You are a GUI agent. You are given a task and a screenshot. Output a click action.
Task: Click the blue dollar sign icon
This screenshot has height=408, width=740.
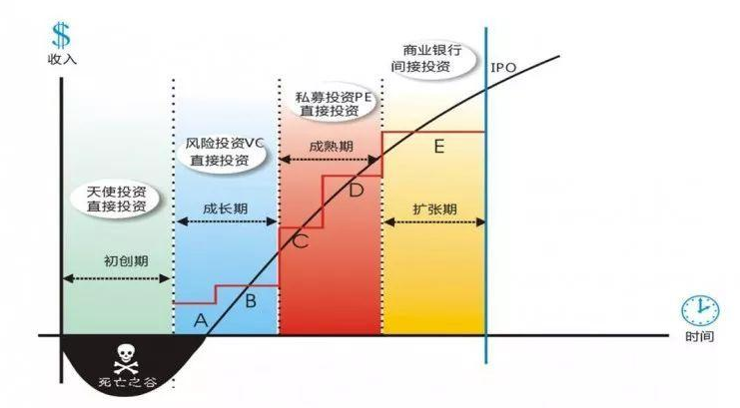(x=61, y=35)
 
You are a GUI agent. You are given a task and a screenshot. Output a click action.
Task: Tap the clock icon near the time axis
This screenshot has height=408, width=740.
(x=700, y=310)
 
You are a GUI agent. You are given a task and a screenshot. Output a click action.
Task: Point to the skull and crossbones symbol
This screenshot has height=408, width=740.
(x=126, y=359)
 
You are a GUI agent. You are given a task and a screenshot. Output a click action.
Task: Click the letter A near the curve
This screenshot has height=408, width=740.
(x=201, y=321)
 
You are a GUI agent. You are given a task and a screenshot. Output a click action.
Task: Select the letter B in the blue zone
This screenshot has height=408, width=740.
(x=251, y=300)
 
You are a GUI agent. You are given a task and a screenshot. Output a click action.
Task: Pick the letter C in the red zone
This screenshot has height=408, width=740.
(x=301, y=241)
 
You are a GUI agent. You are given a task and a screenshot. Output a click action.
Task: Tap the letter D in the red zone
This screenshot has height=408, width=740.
(x=357, y=190)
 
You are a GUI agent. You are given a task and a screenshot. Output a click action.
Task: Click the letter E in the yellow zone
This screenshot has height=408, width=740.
(x=438, y=147)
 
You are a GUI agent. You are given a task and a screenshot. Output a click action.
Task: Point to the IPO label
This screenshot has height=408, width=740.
(x=503, y=68)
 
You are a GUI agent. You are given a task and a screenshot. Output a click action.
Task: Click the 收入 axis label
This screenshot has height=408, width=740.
(x=62, y=60)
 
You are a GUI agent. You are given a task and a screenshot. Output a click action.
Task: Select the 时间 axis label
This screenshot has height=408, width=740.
(x=700, y=336)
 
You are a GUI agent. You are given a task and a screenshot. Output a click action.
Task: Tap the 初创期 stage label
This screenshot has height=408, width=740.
(x=126, y=260)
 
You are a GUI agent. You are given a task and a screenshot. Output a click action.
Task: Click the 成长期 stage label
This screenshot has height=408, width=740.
(x=225, y=208)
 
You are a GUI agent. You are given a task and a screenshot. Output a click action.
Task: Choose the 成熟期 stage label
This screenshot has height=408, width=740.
(x=331, y=147)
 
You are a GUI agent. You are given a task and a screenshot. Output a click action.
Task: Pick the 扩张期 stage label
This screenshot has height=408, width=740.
(x=434, y=208)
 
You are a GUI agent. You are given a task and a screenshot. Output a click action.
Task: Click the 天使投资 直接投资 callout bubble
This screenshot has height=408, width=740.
(x=116, y=200)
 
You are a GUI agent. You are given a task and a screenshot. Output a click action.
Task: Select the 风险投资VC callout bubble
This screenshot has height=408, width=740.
(x=222, y=151)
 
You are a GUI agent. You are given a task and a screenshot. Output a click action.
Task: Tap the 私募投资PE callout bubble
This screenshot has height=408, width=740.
(x=334, y=104)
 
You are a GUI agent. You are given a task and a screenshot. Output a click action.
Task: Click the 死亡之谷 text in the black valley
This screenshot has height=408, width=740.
(x=128, y=382)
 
